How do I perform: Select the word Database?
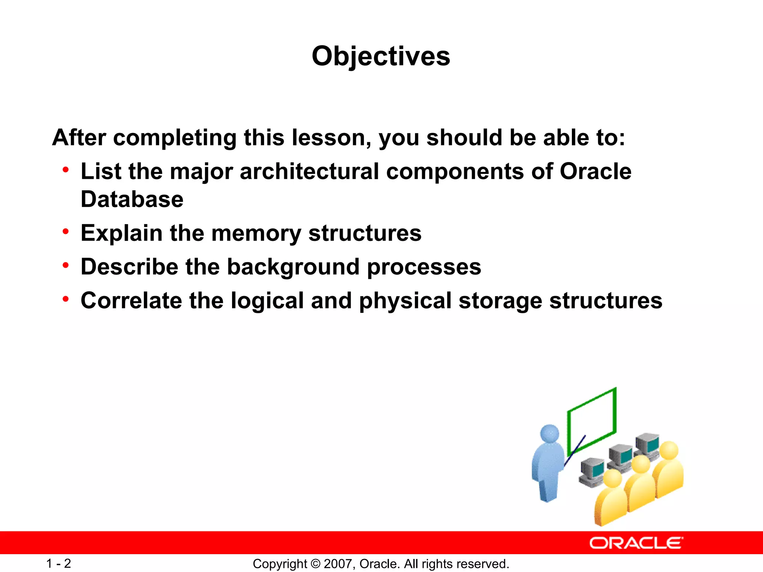coord(132,199)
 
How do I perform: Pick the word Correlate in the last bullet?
coord(132,301)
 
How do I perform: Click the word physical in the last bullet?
coord(405,301)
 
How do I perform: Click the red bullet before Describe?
coord(66,266)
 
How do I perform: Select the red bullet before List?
coord(66,170)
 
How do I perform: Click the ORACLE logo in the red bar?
coord(636,543)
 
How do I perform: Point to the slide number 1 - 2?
coord(58,563)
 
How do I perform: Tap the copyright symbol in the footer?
coord(315,564)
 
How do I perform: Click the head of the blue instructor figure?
coord(550,434)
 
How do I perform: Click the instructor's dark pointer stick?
coord(574,451)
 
